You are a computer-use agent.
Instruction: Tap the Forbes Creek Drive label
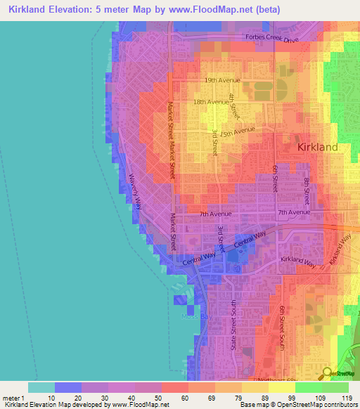(x=271, y=38)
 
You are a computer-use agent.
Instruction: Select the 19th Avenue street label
(x=222, y=80)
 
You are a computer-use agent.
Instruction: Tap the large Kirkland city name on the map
(x=317, y=148)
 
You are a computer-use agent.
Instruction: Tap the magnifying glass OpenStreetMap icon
(x=327, y=373)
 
